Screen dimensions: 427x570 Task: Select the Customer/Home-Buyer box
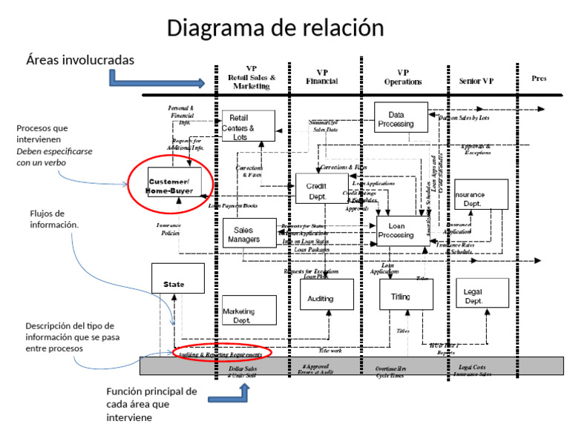tap(170, 185)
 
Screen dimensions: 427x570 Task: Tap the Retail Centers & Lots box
tap(248, 128)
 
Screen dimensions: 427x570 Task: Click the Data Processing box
tap(401, 118)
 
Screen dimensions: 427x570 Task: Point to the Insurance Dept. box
tap(481, 195)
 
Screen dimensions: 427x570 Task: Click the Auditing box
tap(327, 296)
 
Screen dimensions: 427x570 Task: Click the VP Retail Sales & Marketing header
tap(252, 77)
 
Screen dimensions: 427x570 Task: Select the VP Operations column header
tap(403, 77)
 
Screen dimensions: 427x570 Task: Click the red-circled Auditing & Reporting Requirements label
tap(221, 354)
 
